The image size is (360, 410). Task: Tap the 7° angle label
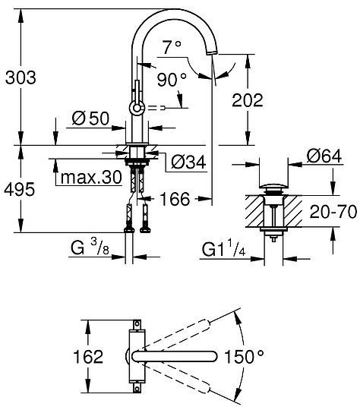tap(172, 47)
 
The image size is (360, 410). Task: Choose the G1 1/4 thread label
tap(223, 248)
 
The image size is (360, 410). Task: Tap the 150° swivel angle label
tap(266, 355)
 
